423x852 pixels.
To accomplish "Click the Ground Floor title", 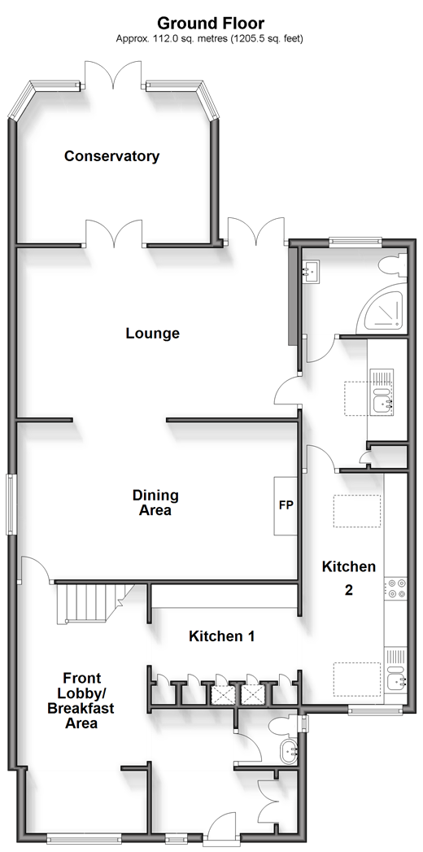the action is click(x=211, y=24).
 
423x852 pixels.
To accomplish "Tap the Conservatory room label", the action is click(x=112, y=156).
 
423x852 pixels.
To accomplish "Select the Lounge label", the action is click(x=153, y=333).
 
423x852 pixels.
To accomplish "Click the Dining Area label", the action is click(x=155, y=503).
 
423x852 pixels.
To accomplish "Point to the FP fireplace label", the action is click(x=286, y=505).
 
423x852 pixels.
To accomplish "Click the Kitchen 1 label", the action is click(x=221, y=636).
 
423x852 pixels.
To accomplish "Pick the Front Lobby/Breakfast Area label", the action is click(x=81, y=701).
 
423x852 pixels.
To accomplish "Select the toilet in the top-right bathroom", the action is click(x=393, y=266).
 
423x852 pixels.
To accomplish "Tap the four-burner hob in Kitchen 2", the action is click(x=396, y=588).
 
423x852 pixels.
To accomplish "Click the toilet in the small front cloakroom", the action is click(x=282, y=724).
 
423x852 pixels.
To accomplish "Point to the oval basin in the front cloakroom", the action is click(x=288, y=752).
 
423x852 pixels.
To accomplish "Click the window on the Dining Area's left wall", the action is click(x=11, y=504).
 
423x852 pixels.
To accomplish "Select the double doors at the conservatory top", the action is click(x=114, y=74).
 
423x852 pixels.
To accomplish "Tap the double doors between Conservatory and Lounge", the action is click(x=115, y=234).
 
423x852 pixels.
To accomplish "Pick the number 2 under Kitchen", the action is click(x=349, y=589).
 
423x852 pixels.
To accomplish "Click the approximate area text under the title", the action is click(x=210, y=38).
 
